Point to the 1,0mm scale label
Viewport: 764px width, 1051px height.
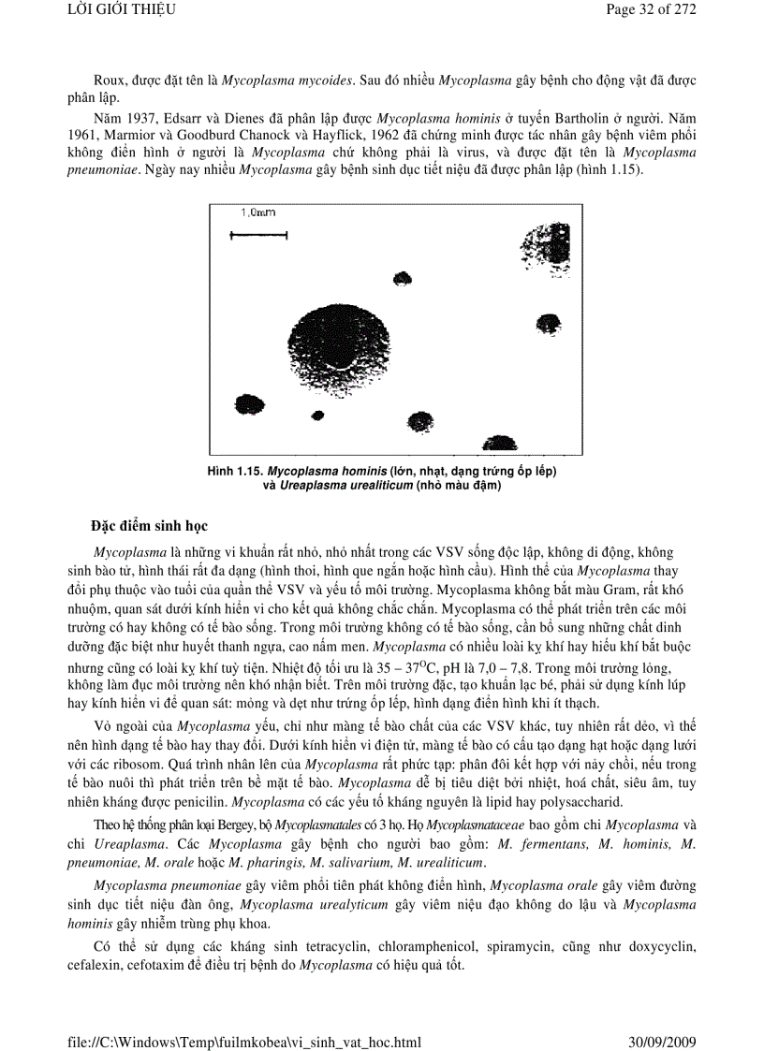point(257,213)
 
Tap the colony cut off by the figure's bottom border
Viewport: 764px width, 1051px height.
point(499,445)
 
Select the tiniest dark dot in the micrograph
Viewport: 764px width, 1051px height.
point(317,415)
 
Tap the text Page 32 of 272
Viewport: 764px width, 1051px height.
point(651,10)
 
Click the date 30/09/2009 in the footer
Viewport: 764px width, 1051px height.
point(661,1041)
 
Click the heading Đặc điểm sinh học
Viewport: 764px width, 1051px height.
point(150,524)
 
